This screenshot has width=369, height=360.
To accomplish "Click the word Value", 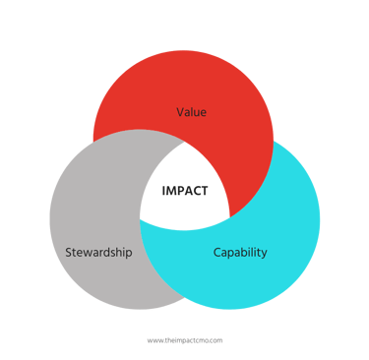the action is point(191,111).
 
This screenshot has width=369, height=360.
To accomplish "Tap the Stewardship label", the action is point(98,252).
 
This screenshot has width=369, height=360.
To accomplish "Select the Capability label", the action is point(240,252).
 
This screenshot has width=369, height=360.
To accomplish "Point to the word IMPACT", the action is point(185,191).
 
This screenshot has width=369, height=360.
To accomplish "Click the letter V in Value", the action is point(180,111).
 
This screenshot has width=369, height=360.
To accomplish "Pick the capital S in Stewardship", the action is point(69,252).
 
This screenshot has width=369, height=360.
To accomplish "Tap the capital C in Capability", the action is point(217,252).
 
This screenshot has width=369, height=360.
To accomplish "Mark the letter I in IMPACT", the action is point(164,191).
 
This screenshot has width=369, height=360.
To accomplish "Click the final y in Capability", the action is point(264,254).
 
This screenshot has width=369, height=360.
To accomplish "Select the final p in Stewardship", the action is point(129,254).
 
